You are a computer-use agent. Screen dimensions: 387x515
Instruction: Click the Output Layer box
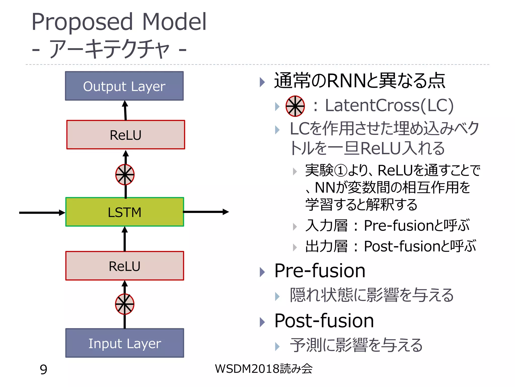coord(124,86)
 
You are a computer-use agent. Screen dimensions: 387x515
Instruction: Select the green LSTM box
coord(124,212)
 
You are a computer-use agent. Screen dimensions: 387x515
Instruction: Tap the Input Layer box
coord(124,343)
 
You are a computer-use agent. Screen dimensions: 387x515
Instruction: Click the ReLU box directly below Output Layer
coord(125,135)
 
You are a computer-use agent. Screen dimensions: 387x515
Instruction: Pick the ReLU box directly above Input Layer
coord(124,266)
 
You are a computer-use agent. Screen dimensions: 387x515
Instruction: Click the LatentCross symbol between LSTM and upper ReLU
coord(125,175)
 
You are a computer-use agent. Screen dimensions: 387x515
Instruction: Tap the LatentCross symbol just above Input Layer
coord(125,304)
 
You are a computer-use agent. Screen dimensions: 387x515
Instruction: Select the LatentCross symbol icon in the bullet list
coord(295,106)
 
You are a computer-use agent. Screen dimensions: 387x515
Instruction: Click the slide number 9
coord(44,369)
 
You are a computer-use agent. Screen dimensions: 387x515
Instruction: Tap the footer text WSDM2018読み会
coord(264,369)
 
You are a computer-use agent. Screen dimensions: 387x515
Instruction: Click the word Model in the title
coord(174,22)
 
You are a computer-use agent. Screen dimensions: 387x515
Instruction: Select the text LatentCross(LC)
coord(389,105)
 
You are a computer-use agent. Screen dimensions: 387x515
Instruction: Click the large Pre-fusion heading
coord(320,271)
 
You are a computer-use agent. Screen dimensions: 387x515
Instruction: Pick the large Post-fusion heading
coord(324,321)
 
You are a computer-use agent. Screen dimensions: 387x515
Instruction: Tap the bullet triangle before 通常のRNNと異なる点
coord(262,82)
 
